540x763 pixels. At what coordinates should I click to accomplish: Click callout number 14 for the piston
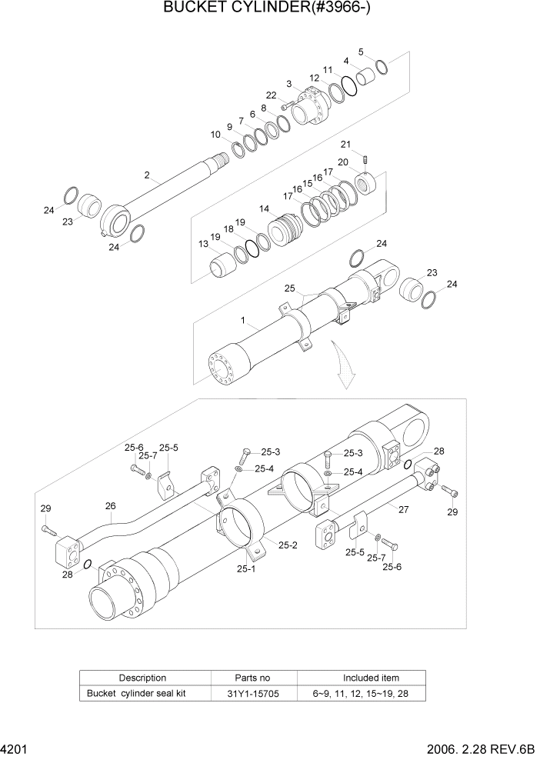point(264,208)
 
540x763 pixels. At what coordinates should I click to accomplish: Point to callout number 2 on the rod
point(146,175)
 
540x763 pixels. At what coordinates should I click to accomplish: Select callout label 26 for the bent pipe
point(110,505)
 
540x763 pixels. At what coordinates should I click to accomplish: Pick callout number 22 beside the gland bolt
point(271,95)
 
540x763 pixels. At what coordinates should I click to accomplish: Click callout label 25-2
point(288,545)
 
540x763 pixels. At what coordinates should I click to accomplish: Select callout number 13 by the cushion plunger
point(203,244)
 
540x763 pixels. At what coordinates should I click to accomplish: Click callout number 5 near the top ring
point(361,52)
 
